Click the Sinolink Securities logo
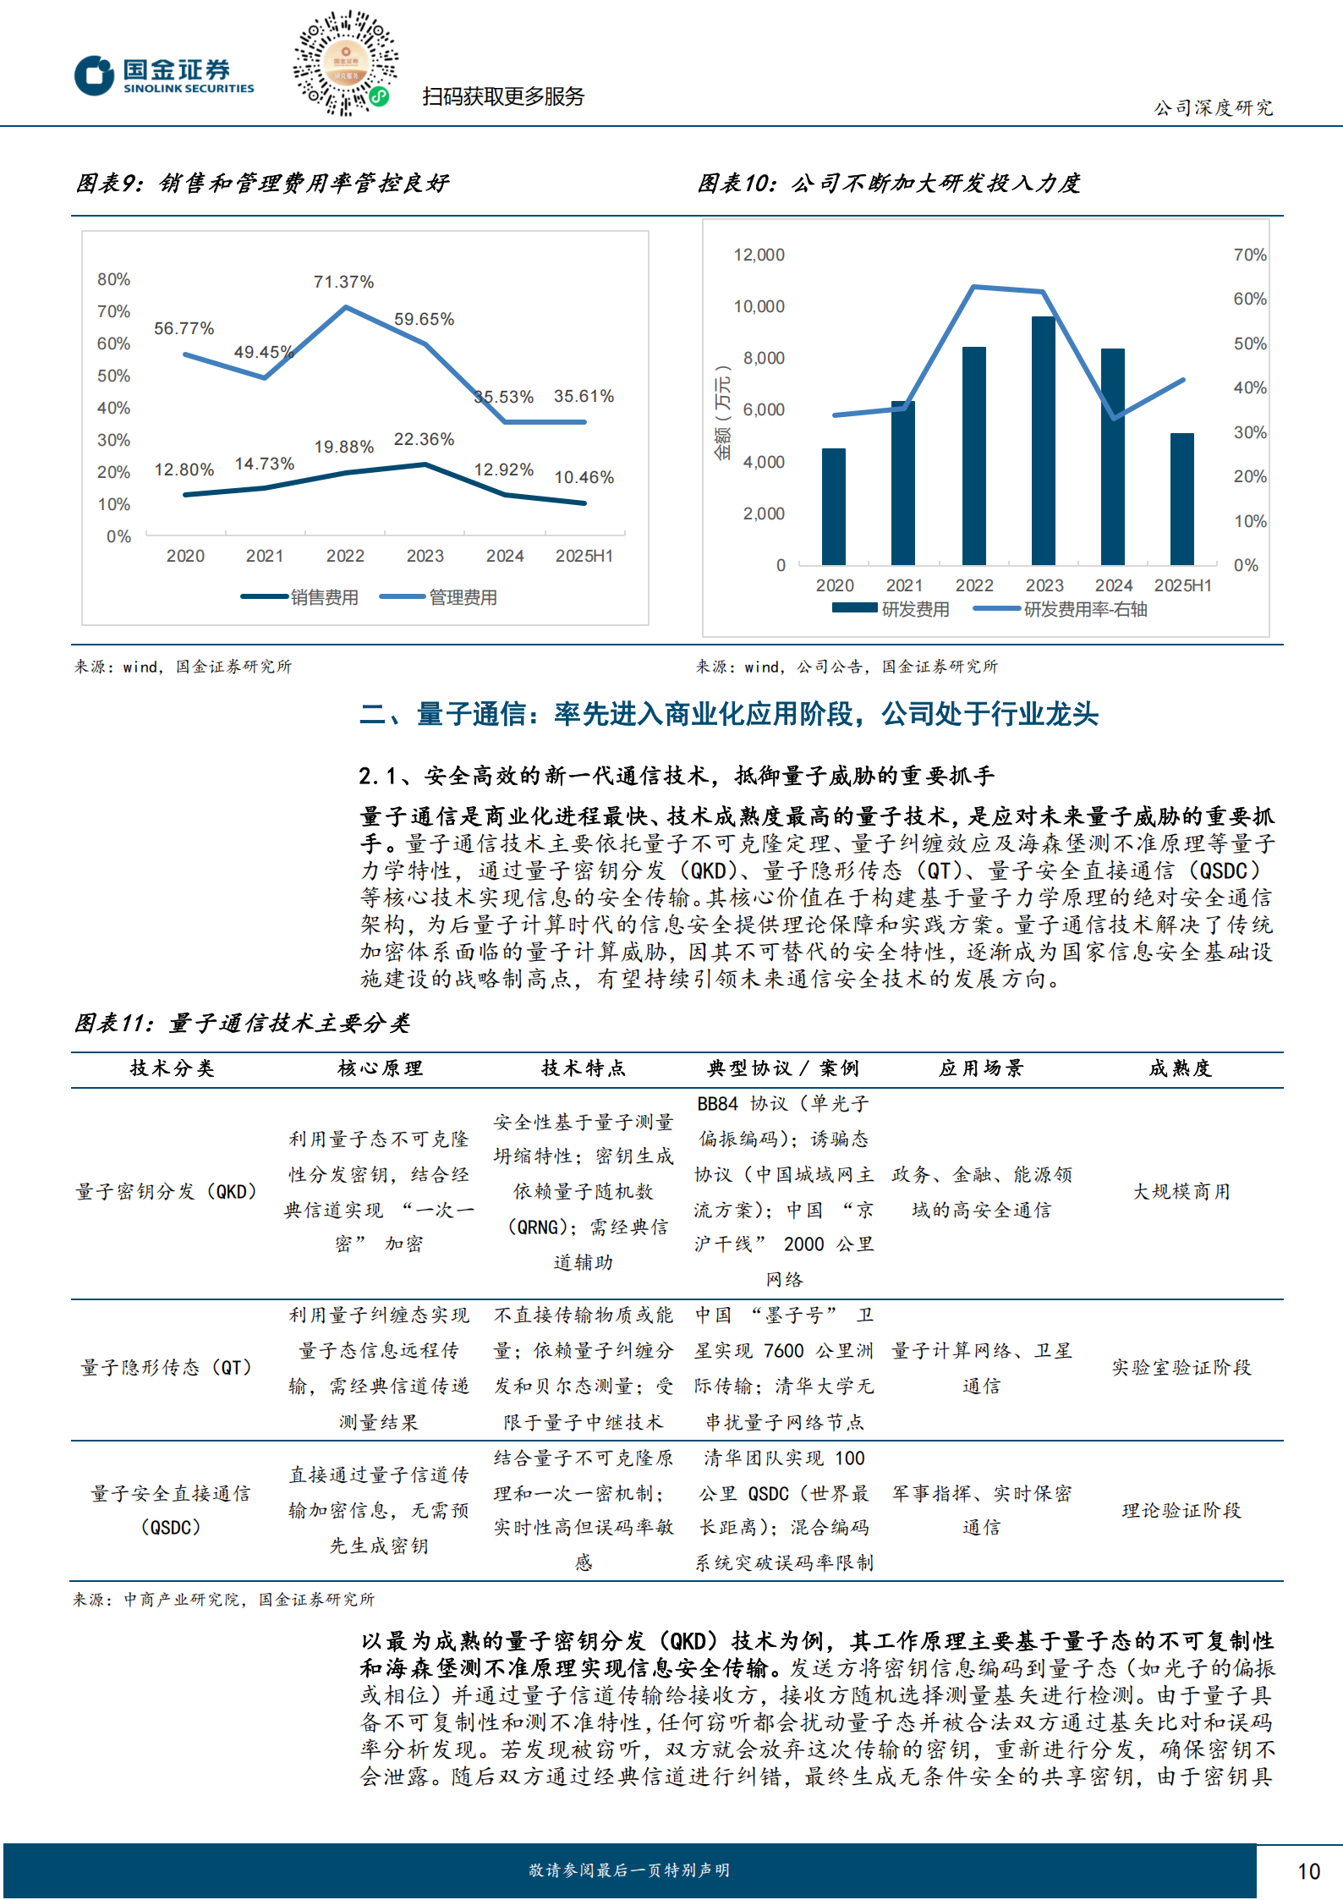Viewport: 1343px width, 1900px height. click(164, 75)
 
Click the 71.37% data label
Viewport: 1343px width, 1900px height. click(343, 282)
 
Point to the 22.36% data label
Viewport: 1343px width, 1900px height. click(424, 439)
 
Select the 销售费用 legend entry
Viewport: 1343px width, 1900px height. click(300, 597)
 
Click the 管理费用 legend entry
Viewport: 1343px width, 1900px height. click(439, 597)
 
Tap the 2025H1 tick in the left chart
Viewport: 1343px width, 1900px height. click(584, 556)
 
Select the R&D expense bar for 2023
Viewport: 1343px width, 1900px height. click(1043, 440)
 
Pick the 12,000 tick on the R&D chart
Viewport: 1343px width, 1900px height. click(759, 255)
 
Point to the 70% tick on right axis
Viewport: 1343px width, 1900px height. click(1249, 255)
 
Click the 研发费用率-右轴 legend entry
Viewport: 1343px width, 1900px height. click(1061, 609)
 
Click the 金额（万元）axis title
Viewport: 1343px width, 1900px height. click(723, 413)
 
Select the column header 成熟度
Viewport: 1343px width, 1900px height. click(1181, 1068)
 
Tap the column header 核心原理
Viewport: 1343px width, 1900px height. click(380, 1068)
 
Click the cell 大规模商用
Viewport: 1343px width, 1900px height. click(1181, 1192)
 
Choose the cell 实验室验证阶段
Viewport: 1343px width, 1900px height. click(1181, 1368)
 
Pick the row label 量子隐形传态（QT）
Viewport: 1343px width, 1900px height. click(167, 1368)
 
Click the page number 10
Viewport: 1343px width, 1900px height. click(1308, 1871)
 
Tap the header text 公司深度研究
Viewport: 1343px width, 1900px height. click(1214, 107)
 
